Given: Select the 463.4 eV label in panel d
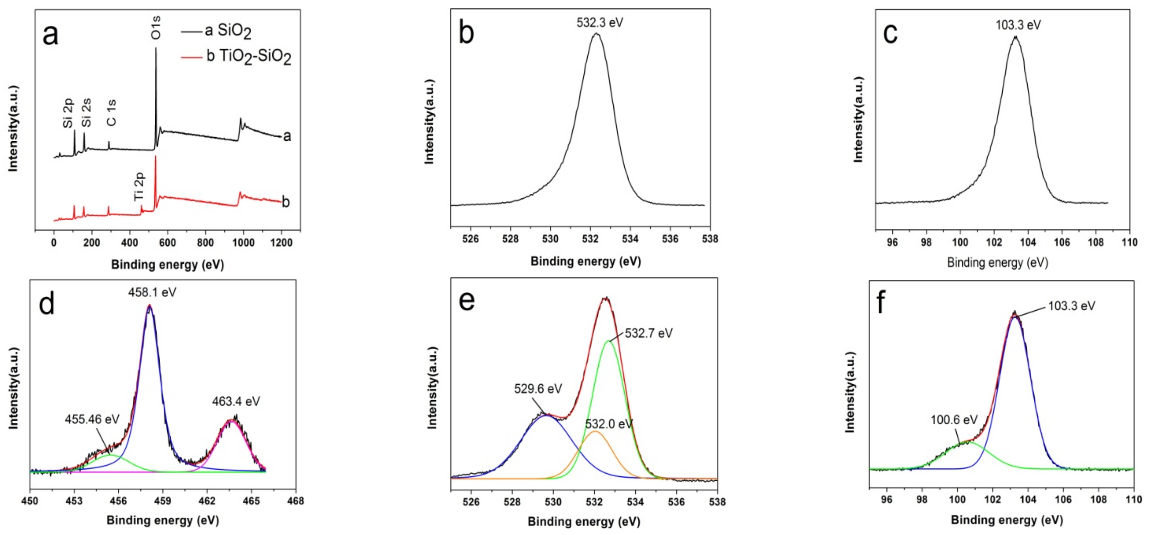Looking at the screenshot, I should coord(236,401).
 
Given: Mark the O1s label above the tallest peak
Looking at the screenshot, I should coord(156,27).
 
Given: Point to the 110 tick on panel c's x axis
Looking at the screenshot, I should coord(1129,243).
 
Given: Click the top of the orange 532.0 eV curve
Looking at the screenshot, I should coord(595,431).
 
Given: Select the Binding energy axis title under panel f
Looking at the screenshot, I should coord(1007,520).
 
